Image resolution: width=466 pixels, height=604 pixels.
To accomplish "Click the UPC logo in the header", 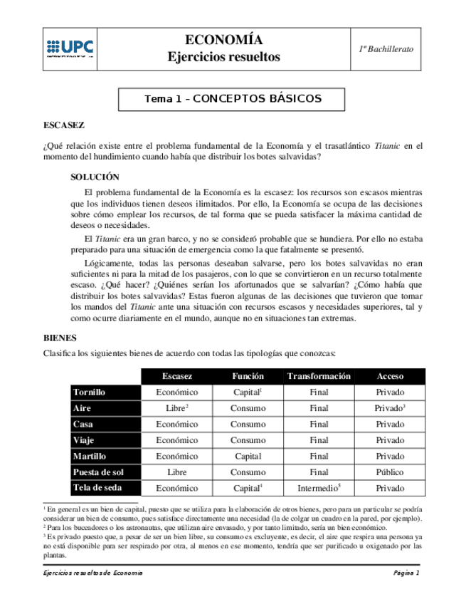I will [x=70, y=48].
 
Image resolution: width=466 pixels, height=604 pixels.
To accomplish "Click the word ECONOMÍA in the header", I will [x=223, y=40].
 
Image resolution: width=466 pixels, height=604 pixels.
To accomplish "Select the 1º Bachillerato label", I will [x=386, y=48].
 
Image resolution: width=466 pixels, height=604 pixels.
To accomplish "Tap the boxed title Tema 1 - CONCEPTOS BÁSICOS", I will [x=233, y=99].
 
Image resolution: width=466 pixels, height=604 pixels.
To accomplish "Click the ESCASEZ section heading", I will [x=64, y=125].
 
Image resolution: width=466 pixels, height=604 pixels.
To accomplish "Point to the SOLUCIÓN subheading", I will [x=95, y=177].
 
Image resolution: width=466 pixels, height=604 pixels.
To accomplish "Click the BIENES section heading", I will [x=60, y=338].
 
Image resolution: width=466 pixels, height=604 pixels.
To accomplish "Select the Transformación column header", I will [x=319, y=376].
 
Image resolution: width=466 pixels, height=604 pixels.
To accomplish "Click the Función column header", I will [x=248, y=376].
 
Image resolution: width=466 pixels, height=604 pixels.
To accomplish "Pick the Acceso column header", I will [x=390, y=376].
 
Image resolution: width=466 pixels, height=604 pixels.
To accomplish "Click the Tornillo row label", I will [x=90, y=392].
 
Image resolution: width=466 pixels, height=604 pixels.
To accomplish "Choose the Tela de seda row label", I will [x=97, y=488].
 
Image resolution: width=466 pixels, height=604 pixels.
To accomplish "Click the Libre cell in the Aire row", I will [x=176, y=408].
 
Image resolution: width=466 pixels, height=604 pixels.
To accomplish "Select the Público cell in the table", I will [x=390, y=472].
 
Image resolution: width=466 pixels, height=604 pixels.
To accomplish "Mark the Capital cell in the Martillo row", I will [x=248, y=457].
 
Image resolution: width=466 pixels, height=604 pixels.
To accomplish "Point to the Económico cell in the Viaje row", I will [x=176, y=440].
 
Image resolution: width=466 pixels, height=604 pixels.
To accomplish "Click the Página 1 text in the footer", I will [x=406, y=573].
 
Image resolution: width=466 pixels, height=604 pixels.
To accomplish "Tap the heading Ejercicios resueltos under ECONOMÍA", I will [x=223, y=57].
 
